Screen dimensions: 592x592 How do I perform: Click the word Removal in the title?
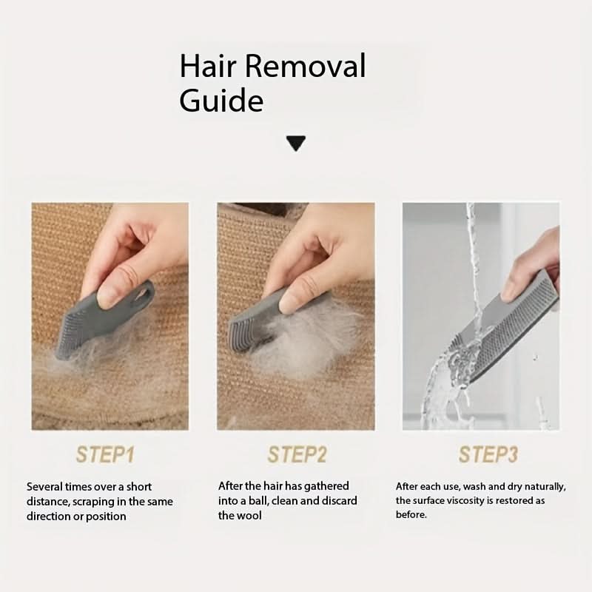point(305,66)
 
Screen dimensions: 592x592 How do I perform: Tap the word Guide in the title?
point(221,100)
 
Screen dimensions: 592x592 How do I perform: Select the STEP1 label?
point(105,454)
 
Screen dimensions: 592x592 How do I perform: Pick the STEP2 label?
point(297,454)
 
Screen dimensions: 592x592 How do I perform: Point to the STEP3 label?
point(488,454)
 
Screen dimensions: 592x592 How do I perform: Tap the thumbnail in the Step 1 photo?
point(107,297)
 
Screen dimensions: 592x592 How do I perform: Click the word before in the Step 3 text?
point(411,514)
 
